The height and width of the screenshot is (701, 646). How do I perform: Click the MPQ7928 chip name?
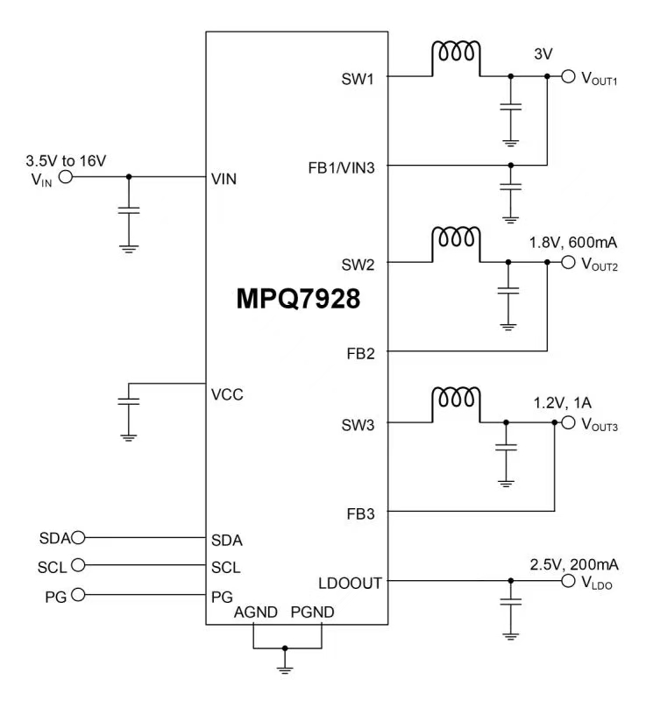297,300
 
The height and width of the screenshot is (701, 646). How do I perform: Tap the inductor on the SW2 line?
455,239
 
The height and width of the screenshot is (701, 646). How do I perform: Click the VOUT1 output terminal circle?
568,77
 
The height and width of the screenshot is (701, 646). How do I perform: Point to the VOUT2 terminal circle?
568,262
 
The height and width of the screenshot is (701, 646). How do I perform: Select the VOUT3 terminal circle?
568,423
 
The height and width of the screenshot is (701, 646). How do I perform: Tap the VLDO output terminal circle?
568,580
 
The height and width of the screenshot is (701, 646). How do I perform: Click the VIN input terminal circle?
65,177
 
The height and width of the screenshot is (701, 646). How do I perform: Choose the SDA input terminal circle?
78,537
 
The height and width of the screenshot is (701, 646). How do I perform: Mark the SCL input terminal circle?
78,565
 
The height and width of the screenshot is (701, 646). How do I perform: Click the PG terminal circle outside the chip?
78,595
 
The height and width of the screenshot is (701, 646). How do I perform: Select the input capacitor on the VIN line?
129,210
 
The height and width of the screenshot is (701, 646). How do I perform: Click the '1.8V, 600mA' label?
573,243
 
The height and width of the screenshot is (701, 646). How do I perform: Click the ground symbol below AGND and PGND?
284,667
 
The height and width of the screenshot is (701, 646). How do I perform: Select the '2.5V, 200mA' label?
573,563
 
